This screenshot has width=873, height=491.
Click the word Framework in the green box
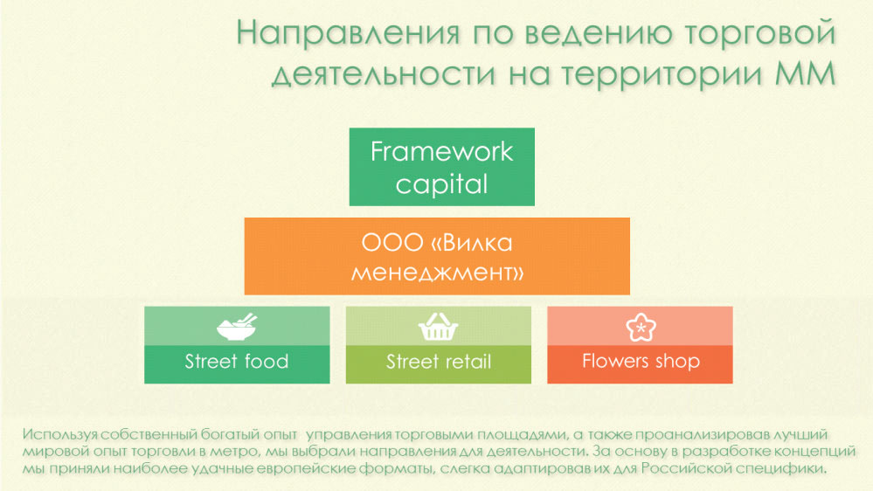[x=441, y=151]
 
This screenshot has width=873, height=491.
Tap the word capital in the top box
[x=441, y=184]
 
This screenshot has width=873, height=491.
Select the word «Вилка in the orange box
[x=472, y=243]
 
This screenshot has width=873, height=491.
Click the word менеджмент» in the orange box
[x=437, y=273]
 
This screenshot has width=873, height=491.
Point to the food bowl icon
[x=237, y=326]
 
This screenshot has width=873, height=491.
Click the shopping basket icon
[x=438, y=326]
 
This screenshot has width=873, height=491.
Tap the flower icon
[x=641, y=326]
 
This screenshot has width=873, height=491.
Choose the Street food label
[x=237, y=362]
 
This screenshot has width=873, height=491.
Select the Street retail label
[x=439, y=362]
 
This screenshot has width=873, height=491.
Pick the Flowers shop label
[x=641, y=362]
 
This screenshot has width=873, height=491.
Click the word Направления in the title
[x=348, y=33]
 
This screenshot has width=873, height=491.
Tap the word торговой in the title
[x=760, y=33]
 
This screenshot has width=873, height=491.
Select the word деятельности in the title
[x=384, y=74]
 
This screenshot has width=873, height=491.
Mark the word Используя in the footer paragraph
[x=60, y=435]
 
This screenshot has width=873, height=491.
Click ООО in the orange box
[x=392, y=243]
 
